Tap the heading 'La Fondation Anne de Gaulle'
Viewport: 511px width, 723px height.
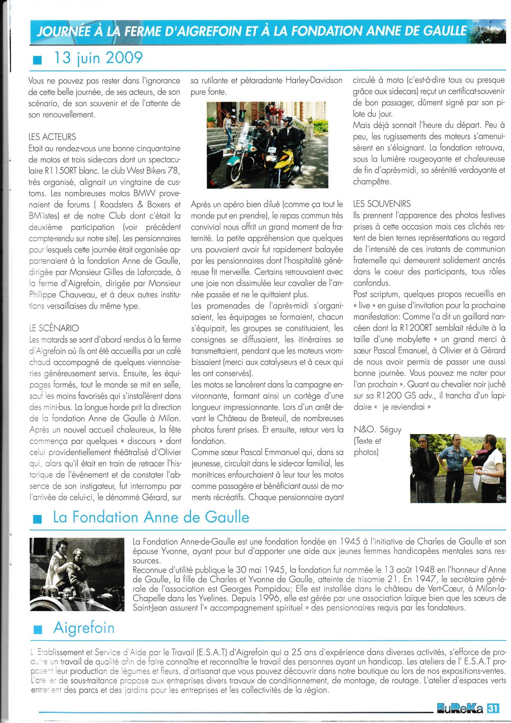(151, 517)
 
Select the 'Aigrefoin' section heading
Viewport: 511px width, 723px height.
(84, 628)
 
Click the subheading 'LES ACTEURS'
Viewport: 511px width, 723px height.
(52, 137)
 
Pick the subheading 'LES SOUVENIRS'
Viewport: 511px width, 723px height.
(382, 204)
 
